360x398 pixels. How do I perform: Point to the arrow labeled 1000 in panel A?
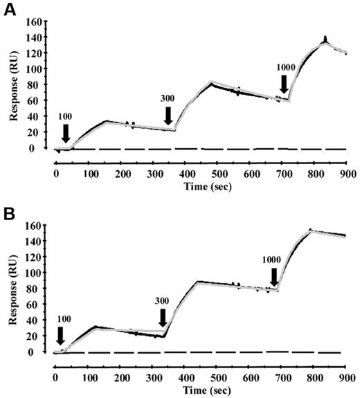(x=284, y=84)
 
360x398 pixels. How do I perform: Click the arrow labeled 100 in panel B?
(x=60, y=336)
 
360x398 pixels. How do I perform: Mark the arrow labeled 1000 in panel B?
(x=274, y=277)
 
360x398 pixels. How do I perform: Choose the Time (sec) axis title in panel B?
(x=200, y=390)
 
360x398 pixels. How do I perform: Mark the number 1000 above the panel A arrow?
(x=286, y=67)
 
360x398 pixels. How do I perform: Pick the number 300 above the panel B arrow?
(x=162, y=302)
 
